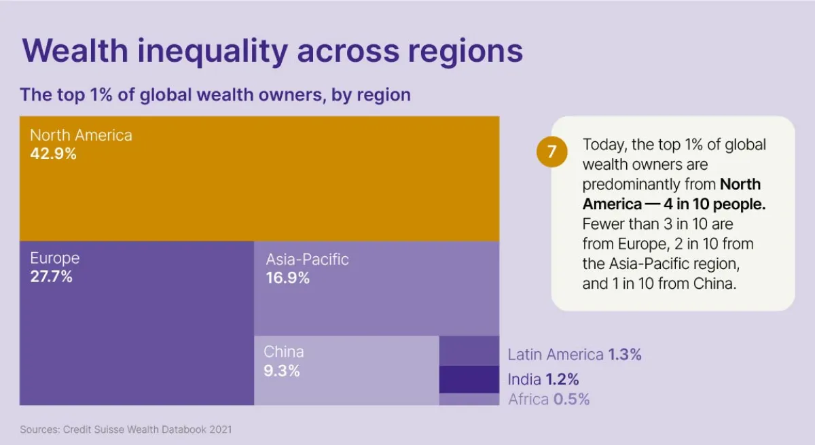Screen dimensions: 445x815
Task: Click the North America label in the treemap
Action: pyautogui.click(x=81, y=135)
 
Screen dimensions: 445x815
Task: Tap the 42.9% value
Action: pyautogui.click(x=53, y=154)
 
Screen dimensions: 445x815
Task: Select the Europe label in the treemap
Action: pyautogui.click(x=54, y=258)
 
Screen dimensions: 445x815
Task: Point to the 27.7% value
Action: pyautogui.click(x=51, y=277)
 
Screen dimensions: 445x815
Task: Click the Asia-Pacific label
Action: pyautogui.click(x=307, y=259)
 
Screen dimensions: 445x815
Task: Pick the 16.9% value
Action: pyautogui.click(x=287, y=278)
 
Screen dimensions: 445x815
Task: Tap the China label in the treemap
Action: pyautogui.click(x=284, y=352)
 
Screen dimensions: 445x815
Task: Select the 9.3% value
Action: pyautogui.click(x=281, y=371)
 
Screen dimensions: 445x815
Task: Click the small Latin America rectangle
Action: pyautogui.click(x=469, y=351)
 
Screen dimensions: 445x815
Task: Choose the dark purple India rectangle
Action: pyautogui.click(x=469, y=379)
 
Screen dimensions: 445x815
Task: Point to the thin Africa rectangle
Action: pyautogui.click(x=469, y=399)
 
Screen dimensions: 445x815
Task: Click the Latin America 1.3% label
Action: pyautogui.click(x=575, y=355)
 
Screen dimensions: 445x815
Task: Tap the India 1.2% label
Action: pyautogui.click(x=543, y=379)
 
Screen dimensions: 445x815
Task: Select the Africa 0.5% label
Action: pyautogui.click(x=549, y=399)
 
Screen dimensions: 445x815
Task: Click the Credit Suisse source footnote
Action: pyautogui.click(x=126, y=429)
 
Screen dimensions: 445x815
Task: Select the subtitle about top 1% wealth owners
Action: pyautogui.click(x=215, y=94)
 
